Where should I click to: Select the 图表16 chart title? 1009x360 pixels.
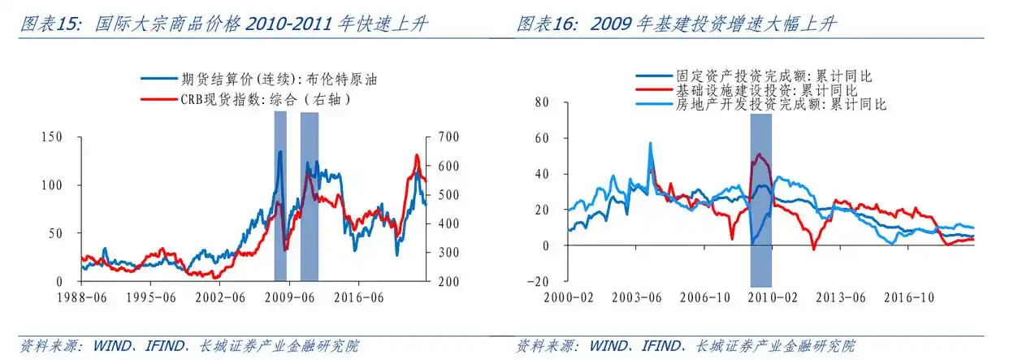(676, 24)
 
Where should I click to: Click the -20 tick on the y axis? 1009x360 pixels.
(538, 281)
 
